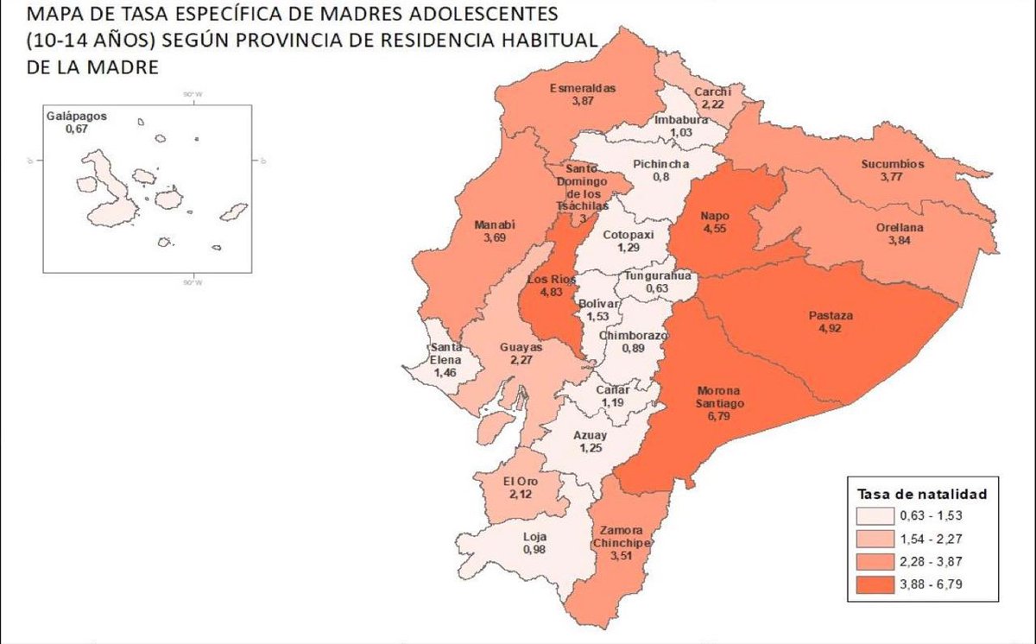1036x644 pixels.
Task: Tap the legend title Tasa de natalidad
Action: tap(922, 495)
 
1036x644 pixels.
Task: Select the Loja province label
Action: tap(535, 536)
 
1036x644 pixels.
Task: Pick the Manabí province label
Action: tap(495, 225)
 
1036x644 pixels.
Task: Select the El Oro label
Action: tap(517, 482)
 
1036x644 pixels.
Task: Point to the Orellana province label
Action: tap(901, 227)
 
